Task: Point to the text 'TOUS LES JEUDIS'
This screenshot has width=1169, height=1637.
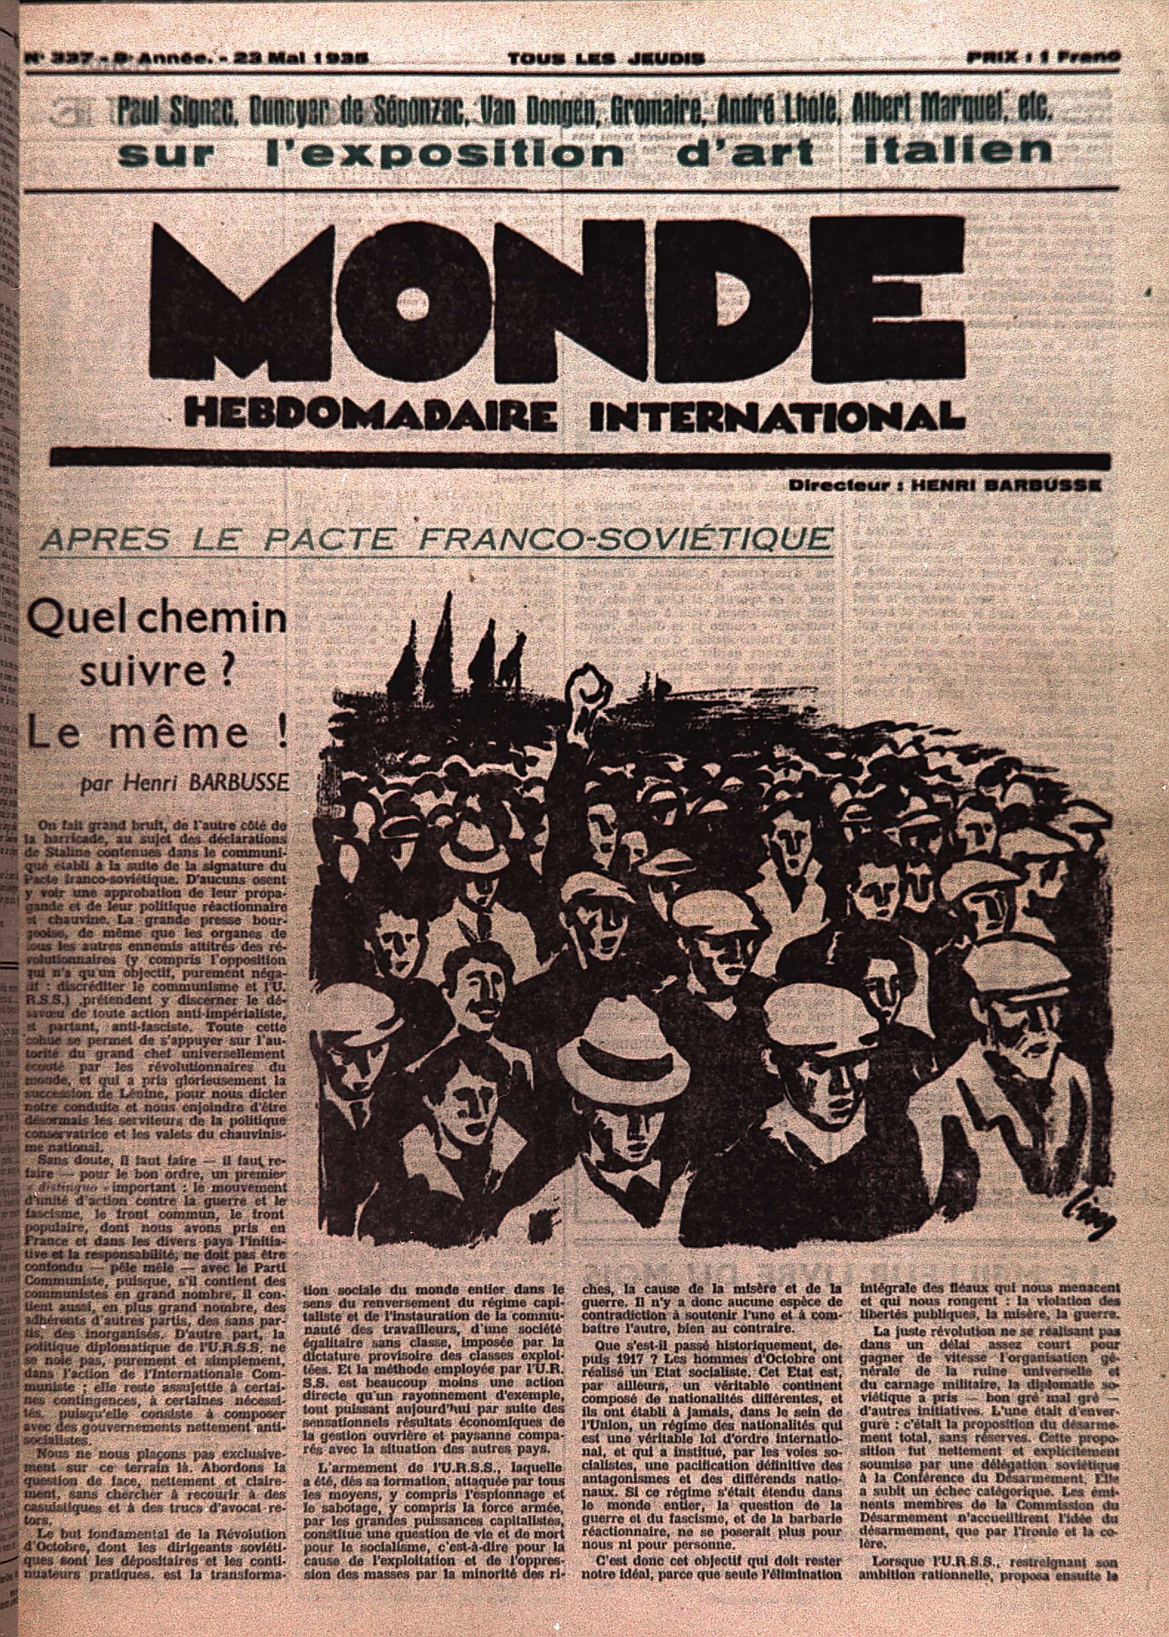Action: pos(605,59)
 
